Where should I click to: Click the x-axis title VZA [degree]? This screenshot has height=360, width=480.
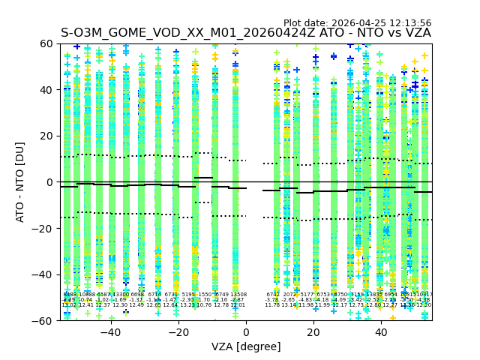(246, 346)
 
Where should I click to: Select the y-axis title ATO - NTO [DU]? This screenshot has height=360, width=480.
(20, 181)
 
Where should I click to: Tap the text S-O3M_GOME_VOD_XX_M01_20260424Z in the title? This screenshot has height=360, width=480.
(189, 33)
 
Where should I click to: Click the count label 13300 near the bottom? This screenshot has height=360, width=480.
(120, 295)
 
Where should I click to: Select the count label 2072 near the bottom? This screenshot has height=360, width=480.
(289, 295)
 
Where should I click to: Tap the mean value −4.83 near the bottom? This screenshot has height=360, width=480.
(306, 300)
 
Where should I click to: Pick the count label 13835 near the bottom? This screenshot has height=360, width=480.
(373, 295)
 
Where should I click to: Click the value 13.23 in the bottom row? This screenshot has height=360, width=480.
(187, 305)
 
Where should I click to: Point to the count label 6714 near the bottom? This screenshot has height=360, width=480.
(154, 295)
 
